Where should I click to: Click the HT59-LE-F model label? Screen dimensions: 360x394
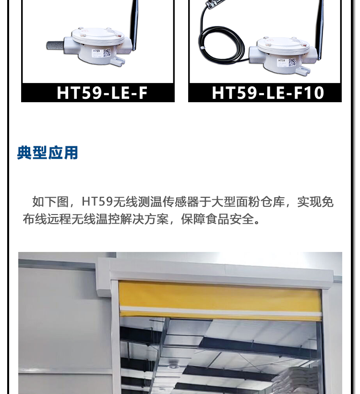pos(102,93)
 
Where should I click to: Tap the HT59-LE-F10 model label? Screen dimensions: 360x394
pos(268,93)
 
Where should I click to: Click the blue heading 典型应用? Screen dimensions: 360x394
pos(48,153)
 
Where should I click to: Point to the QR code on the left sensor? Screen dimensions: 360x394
pos(107,53)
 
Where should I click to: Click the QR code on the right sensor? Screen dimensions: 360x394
pos(292,62)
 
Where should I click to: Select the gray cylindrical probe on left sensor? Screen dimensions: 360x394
pos(55,45)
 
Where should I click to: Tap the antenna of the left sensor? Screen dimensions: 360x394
pos(134,24)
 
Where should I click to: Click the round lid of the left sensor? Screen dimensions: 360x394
pos(98,35)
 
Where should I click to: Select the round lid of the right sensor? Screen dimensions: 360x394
pos(283,45)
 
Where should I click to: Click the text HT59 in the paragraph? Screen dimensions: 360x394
pos(97,202)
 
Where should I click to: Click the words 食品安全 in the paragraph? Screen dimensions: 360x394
pos(230,219)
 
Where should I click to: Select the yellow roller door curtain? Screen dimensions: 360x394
pos(220,300)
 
